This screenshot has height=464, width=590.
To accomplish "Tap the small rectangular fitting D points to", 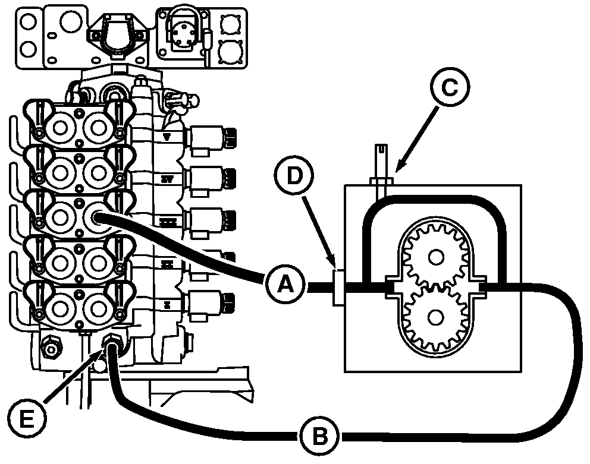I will coord(337,288).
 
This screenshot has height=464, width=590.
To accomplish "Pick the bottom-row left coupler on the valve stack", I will coord(60,307).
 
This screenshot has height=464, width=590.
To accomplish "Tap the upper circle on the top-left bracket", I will coord(26,21).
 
